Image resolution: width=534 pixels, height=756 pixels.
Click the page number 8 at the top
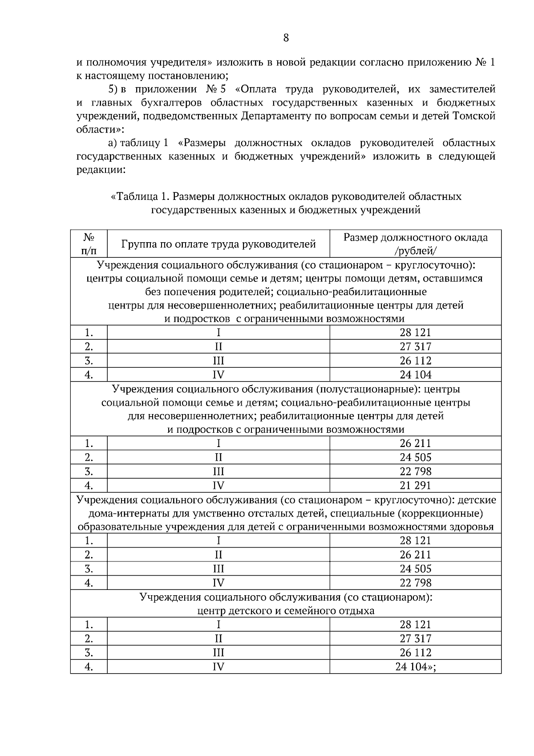286,38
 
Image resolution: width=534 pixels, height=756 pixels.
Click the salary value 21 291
415,485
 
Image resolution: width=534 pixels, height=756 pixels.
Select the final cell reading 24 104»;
415,667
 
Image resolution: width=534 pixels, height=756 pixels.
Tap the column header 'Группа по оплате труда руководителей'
218,244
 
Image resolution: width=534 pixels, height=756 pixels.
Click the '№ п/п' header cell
89,244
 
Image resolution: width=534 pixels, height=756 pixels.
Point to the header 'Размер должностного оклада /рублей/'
415,244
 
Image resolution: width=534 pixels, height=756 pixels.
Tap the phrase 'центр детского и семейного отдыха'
286,610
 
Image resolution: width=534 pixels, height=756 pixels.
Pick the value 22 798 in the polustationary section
415,471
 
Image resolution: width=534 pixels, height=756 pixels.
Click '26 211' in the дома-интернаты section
415,555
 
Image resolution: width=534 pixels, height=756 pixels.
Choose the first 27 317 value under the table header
415,346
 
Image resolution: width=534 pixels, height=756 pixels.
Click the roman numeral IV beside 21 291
218,485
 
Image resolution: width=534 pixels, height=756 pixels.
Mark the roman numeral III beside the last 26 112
218,653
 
